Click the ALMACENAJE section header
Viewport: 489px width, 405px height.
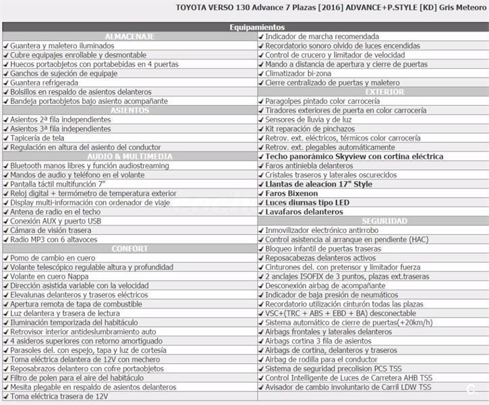[x=130, y=36]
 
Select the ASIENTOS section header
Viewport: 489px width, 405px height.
[x=130, y=110]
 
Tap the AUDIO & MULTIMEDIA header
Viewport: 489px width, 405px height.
[x=130, y=156]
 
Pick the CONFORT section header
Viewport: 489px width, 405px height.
[x=130, y=248]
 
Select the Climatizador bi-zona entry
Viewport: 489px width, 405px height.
[x=304, y=74]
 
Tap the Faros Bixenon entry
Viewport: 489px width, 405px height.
[x=291, y=193]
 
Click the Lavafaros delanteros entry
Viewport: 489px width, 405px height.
[x=304, y=211]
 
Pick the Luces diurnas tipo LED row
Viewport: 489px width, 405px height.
[x=308, y=202]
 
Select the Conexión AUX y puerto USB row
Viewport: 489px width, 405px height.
[x=56, y=221]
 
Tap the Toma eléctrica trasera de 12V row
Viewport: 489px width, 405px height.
[x=59, y=396]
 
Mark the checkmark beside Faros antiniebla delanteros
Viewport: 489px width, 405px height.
[x=261, y=165]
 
